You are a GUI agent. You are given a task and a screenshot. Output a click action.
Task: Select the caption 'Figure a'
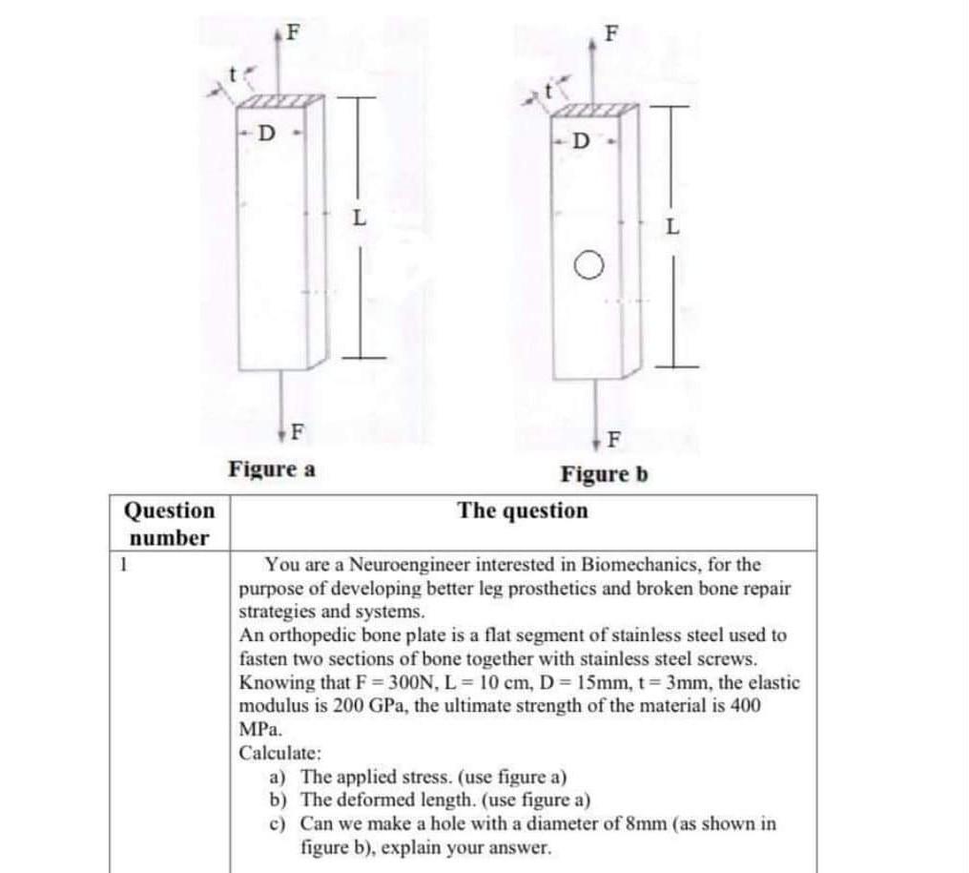tap(272, 469)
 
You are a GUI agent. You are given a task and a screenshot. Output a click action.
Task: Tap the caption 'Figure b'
tap(604, 473)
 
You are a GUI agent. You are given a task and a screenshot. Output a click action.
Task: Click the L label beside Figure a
tap(358, 218)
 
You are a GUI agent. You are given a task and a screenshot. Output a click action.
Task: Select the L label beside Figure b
tap(673, 229)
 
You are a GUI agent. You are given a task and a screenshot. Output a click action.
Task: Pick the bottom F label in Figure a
tap(297, 430)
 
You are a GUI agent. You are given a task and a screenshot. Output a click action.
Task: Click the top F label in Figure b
tap(611, 33)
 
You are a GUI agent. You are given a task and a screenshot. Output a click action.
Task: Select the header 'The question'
tap(523, 510)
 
